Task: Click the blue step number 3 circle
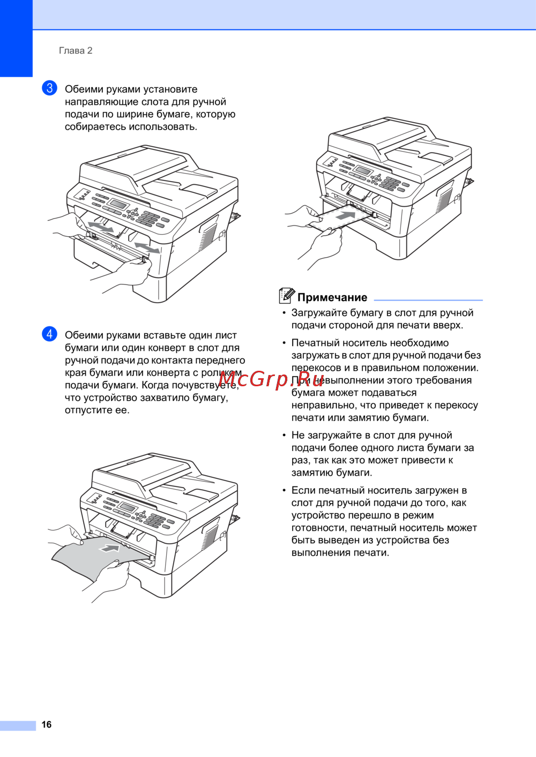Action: (x=49, y=88)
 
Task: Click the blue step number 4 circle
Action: (x=49, y=334)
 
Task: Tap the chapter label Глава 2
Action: (x=76, y=51)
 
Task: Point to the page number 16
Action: (x=46, y=724)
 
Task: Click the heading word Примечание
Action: (x=332, y=297)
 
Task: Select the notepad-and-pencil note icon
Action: (x=287, y=295)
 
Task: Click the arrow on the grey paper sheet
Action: (x=110, y=548)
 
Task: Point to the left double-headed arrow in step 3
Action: (x=101, y=227)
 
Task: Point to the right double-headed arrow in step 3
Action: (x=147, y=247)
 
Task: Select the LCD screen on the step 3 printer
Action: (x=118, y=204)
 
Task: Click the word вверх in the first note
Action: (x=448, y=326)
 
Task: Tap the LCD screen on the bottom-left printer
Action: (x=127, y=507)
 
